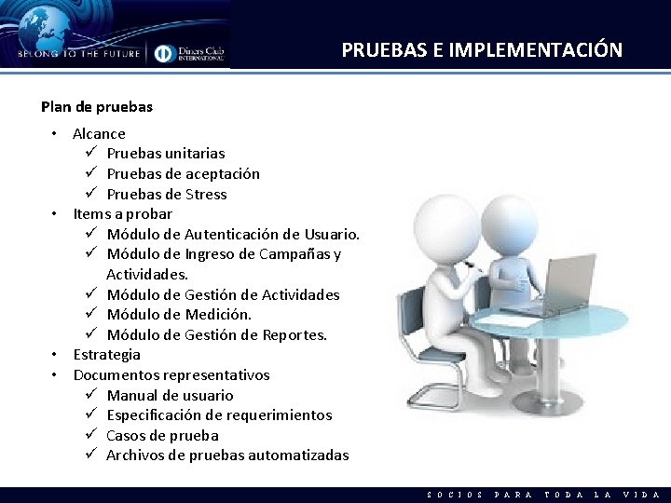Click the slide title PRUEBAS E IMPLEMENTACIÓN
482,50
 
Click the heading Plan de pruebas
97,107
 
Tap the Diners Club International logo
190,53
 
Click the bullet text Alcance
99,133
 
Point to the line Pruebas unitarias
165,154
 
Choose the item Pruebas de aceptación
183,174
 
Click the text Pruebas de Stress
166,195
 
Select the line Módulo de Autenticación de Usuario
233,234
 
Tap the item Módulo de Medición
179,315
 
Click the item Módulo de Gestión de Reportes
216,335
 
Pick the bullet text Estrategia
106,355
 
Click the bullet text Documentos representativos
171,375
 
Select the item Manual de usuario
170,396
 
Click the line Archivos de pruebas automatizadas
227,455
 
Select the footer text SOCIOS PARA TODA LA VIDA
542,495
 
